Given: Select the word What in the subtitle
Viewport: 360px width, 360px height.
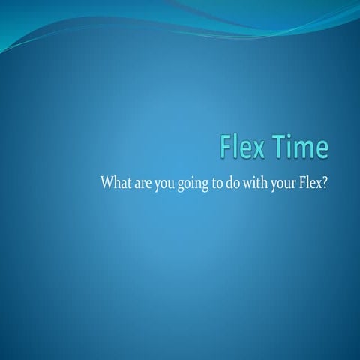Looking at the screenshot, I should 115,183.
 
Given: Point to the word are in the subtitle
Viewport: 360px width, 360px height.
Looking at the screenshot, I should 142,184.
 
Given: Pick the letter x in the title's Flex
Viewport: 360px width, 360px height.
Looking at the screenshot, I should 258,149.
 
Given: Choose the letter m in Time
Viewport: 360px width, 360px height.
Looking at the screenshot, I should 305,149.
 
